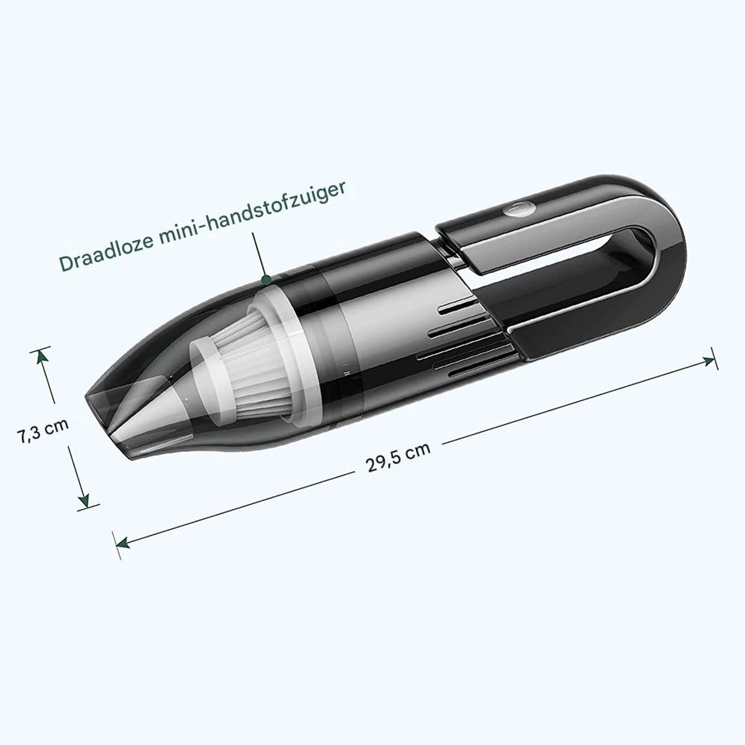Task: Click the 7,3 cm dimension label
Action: pyautogui.click(x=43, y=430)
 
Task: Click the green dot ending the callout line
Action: pyautogui.click(x=266, y=279)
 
